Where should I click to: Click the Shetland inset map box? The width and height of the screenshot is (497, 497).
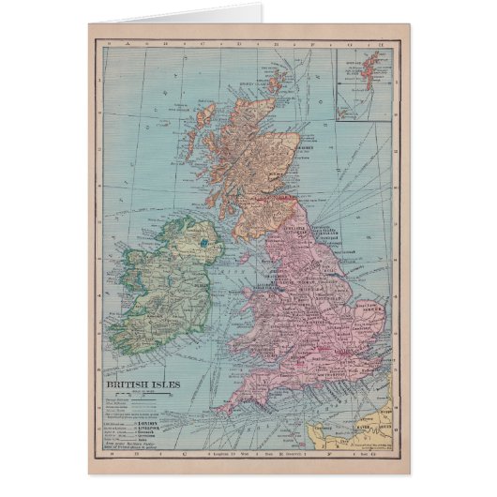364,85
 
